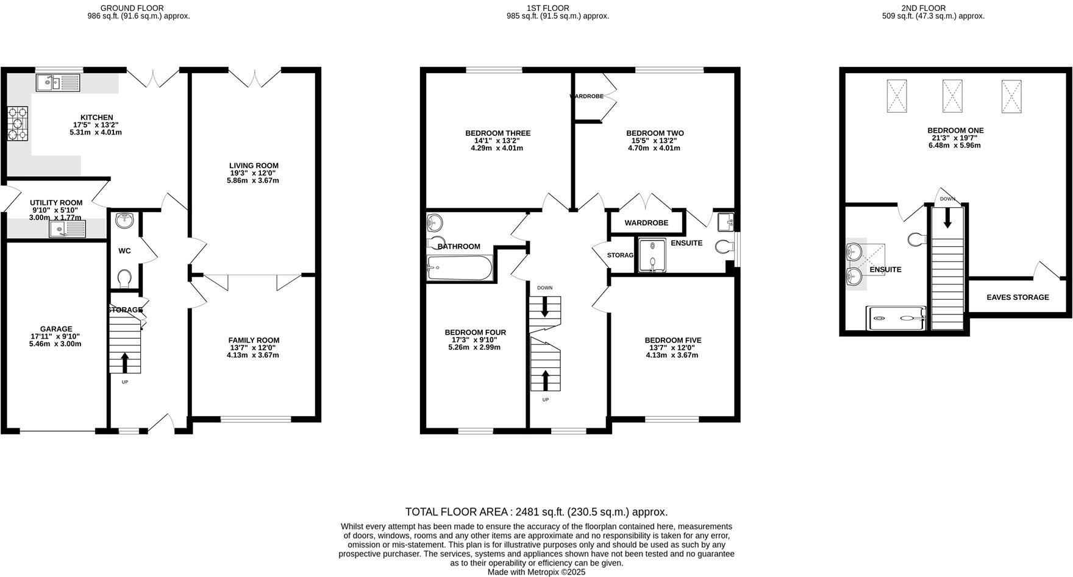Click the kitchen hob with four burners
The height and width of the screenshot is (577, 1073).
(x=17, y=124)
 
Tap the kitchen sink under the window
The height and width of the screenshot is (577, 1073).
(x=57, y=82)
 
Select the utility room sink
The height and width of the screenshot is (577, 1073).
(x=68, y=229)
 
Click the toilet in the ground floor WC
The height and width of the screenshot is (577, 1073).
(x=124, y=278)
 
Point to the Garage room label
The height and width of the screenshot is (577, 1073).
(x=56, y=329)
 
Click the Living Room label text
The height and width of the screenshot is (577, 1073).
(x=254, y=166)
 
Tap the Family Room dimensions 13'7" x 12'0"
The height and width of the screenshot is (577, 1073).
(x=253, y=348)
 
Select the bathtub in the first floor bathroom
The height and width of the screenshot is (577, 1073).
(x=460, y=267)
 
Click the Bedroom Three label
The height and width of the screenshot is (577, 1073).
(x=497, y=133)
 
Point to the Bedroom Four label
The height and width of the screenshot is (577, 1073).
(x=475, y=333)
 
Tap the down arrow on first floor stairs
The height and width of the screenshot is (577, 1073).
(x=544, y=306)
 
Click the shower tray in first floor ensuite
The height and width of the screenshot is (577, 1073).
(x=652, y=255)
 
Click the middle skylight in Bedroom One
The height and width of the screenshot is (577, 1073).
(x=952, y=96)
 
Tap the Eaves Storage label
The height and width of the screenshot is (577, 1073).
(x=1018, y=297)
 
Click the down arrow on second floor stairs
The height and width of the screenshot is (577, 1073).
(x=947, y=218)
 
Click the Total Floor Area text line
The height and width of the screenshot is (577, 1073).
(x=536, y=512)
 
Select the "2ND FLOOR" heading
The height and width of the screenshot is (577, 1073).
(x=923, y=8)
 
